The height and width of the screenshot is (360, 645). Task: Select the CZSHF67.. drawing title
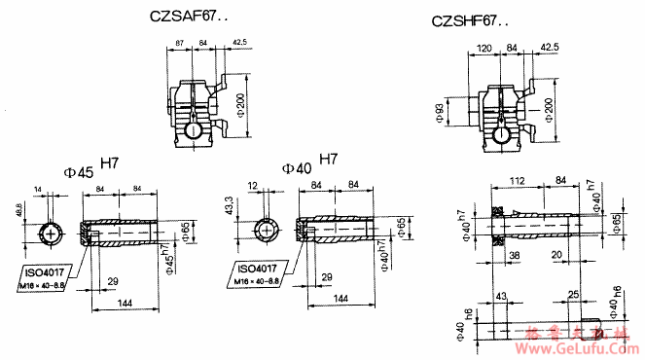470,20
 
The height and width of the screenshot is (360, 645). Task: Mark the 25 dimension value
574,294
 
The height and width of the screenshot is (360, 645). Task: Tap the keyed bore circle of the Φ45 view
50,234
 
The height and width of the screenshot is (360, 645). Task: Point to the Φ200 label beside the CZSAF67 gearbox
239,100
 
